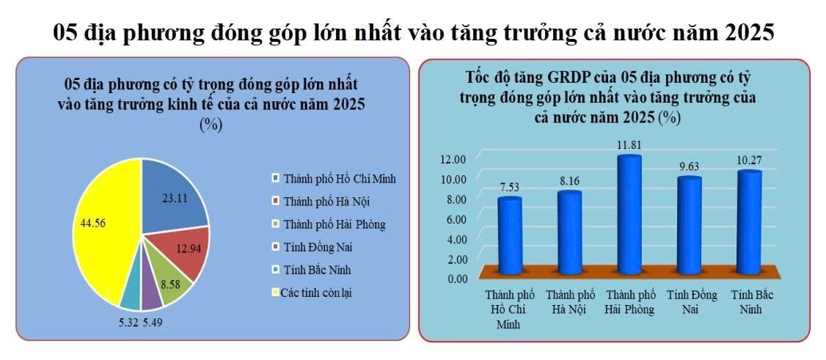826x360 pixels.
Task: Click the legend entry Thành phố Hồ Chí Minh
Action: pyautogui.click(x=334, y=178)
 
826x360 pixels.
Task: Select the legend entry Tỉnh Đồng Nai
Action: pyautogui.click(x=314, y=247)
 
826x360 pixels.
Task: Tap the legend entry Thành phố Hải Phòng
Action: pyautogui.click(x=329, y=224)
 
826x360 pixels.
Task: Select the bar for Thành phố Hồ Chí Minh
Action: pyautogui.click(x=509, y=236)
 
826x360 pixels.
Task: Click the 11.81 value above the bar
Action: pyautogui.click(x=629, y=145)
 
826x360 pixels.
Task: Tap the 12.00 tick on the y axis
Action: pyautogui.click(x=454, y=159)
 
